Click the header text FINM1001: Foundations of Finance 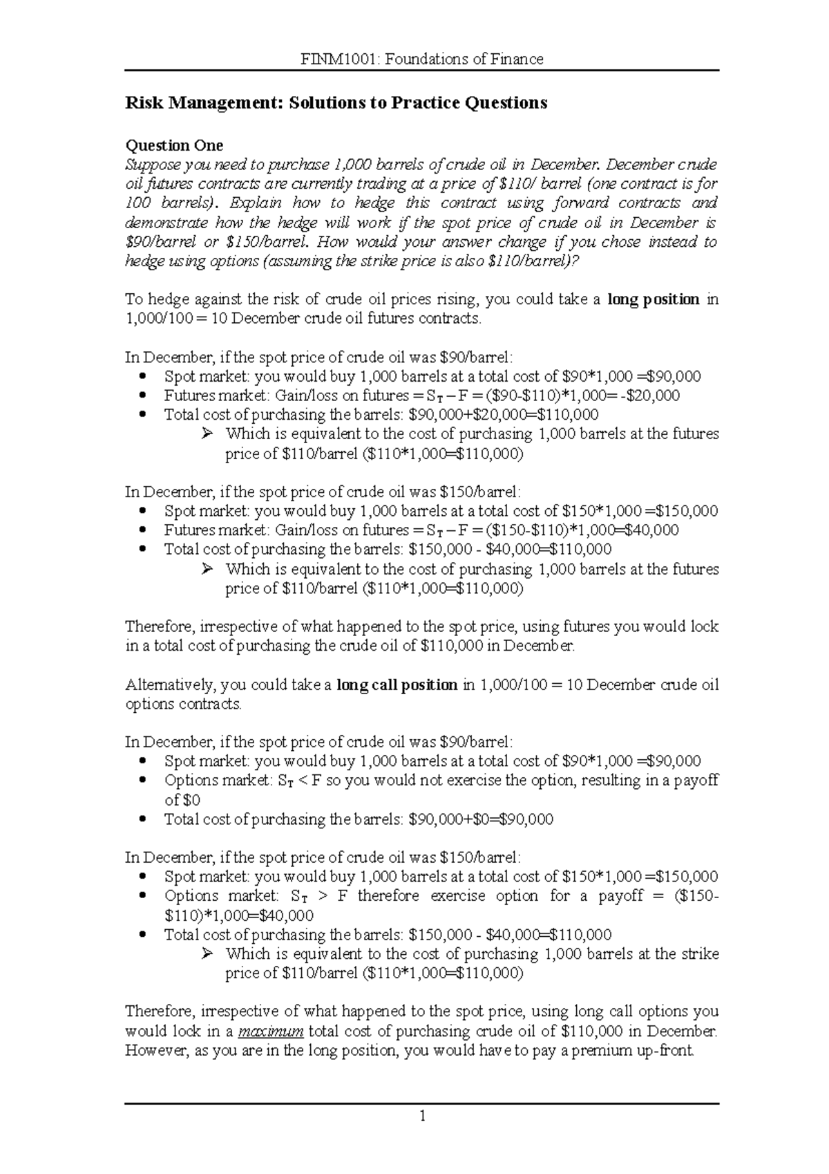click(422, 59)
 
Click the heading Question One click(173, 145)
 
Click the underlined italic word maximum click(271, 1032)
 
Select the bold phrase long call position click(397, 685)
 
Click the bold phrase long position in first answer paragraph click(654, 299)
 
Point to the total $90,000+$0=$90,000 click(482, 819)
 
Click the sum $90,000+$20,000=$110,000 click(504, 415)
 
